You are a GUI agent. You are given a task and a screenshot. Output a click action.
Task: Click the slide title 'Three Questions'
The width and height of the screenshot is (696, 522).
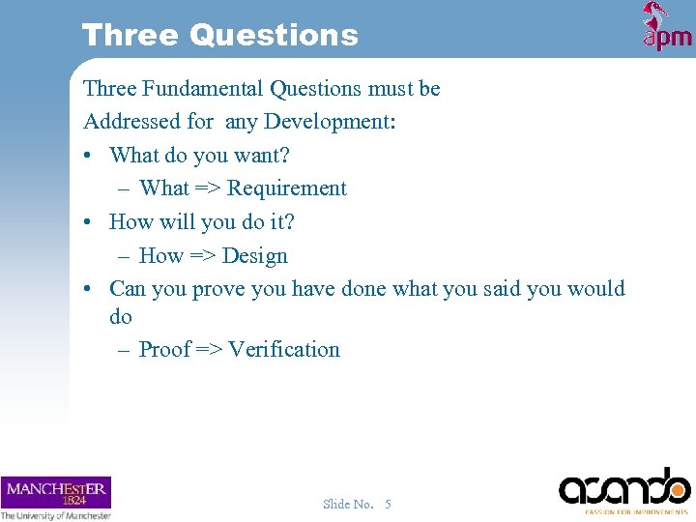point(219,36)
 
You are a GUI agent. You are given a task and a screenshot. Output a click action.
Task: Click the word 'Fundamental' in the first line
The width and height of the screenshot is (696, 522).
point(203,89)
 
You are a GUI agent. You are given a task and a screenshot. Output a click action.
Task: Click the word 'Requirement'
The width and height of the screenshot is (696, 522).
point(286,188)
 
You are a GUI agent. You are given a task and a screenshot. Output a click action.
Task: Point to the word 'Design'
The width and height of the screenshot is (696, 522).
point(255,256)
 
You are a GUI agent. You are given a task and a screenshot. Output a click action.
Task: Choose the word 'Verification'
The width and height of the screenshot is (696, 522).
point(284,350)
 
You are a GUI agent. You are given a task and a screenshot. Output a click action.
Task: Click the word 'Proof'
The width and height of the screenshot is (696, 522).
point(164,350)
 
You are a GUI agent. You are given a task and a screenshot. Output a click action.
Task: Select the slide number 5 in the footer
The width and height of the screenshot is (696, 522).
point(388,504)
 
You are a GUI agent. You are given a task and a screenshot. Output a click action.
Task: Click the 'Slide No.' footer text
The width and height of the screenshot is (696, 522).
point(348,504)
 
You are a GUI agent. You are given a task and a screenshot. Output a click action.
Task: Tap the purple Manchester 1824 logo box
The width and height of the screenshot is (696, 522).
point(55,492)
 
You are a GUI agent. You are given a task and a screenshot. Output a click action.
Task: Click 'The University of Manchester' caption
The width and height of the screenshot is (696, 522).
point(55,515)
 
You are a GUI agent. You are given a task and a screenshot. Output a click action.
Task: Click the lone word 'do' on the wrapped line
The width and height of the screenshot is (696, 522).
point(121,317)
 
